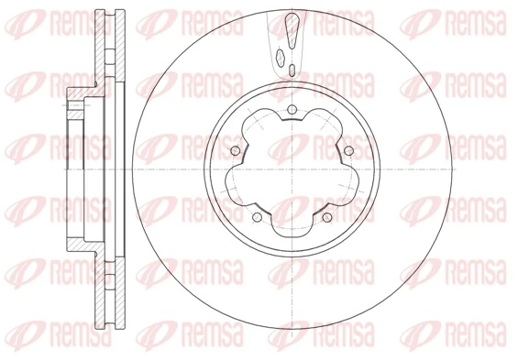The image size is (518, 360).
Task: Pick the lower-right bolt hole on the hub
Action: (327, 218)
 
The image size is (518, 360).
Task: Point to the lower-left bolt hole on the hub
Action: (258, 218)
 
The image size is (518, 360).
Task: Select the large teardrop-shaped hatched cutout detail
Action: (291, 30)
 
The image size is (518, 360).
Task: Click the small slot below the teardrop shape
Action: (292, 71)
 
